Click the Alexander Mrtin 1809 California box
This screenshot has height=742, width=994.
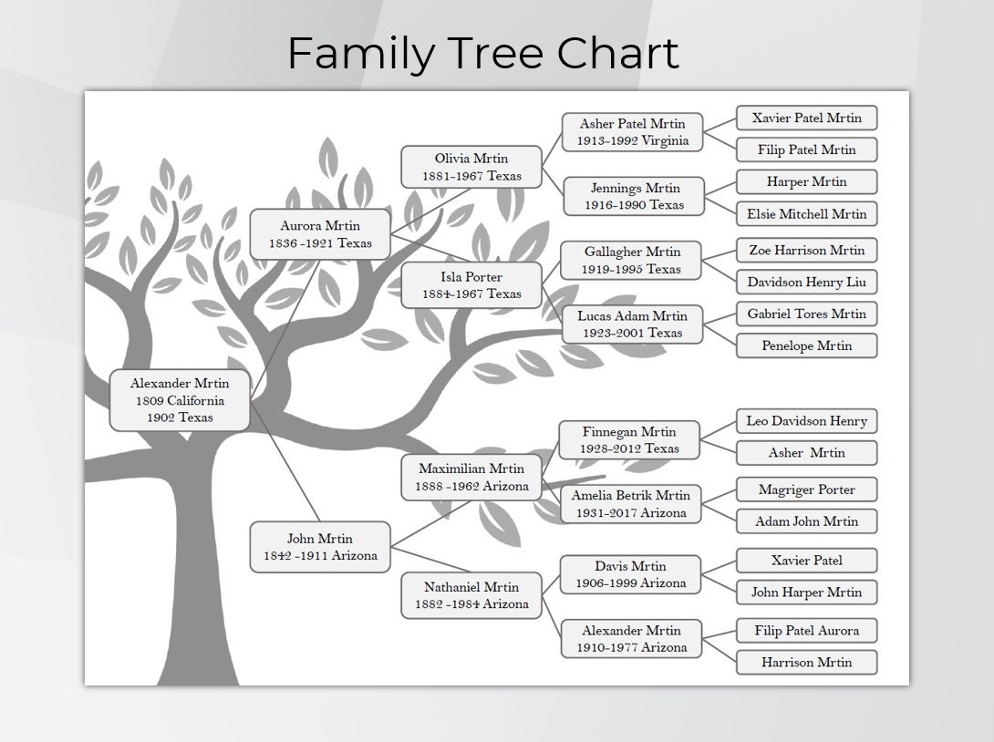pos(180,400)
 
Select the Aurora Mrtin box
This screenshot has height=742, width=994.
pos(320,234)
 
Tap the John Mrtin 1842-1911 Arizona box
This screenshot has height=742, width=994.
pos(320,547)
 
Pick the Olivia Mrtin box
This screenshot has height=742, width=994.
pos(471,167)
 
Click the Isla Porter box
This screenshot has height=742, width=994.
pos(471,285)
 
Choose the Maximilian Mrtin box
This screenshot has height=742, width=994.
pos(471,477)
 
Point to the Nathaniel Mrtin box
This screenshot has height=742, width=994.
pos(471,595)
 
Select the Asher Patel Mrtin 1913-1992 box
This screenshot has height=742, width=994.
pos(633,132)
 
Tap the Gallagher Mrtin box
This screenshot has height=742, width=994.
pos(633,261)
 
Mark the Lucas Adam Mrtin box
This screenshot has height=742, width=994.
pos(633,325)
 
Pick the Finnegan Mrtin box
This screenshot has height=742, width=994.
pos(630,440)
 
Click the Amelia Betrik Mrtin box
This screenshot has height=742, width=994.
pos(631,504)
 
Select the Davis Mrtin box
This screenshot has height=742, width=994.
pos(631,574)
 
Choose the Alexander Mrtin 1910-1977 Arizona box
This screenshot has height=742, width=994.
pos(631,639)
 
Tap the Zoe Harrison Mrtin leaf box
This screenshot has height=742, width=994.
pos(806,250)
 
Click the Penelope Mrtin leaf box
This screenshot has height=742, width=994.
pos(806,345)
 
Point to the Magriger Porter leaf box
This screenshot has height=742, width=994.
pos(806,490)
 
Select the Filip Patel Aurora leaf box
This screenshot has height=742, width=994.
pos(806,630)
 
